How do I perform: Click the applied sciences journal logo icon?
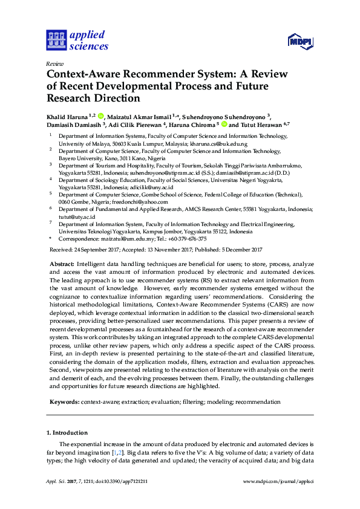[x=55, y=39]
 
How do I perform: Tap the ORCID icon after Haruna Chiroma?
[x=224, y=125]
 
